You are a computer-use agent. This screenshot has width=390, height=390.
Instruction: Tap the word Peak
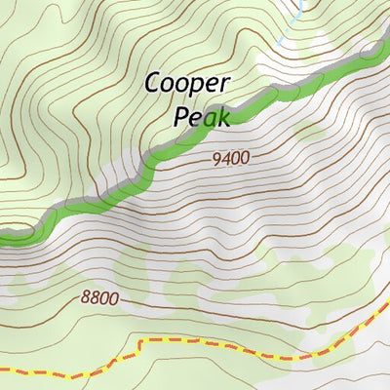point(201,117)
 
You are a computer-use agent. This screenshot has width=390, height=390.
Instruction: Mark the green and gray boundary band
point(146,166)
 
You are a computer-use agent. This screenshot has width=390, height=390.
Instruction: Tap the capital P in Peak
point(181,117)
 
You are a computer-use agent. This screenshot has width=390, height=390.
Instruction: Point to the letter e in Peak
point(195,118)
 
